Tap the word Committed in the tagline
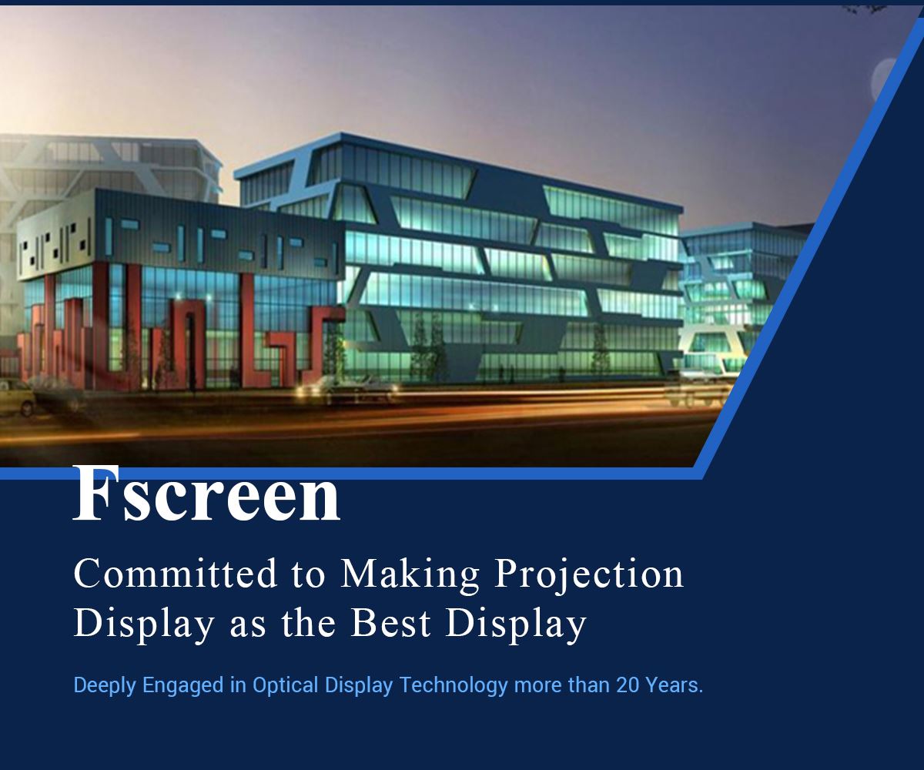[x=176, y=574]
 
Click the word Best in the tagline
[x=390, y=623]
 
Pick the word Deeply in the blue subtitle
[x=105, y=686]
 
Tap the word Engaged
[x=182, y=686]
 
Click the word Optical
[x=285, y=686]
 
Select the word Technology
[x=454, y=686]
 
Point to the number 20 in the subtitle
[x=628, y=685]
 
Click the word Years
[x=675, y=685]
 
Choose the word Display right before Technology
[x=359, y=686]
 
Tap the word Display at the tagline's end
[x=516, y=625]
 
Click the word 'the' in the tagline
[x=308, y=623]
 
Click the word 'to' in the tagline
[x=309, y=576]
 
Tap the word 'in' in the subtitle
[x=238, y=685]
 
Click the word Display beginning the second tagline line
[x=144, y=625]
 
